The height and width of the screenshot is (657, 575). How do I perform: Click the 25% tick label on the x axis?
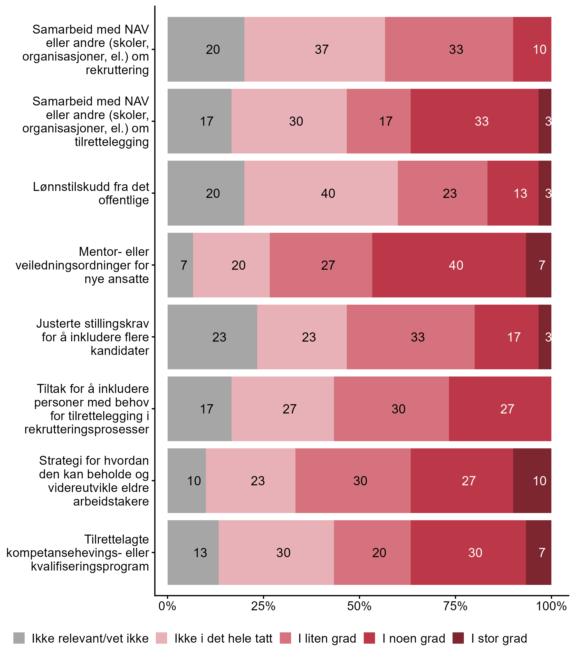(x=263, y=606)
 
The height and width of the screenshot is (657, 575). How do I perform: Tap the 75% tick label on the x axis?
(x=455, y=606)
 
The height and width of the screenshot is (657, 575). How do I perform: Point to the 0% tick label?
(x=167, y=606)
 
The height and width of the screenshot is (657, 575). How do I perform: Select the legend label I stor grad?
(x=499, y=639)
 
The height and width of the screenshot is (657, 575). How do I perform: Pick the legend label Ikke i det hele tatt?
(x=223, y=639)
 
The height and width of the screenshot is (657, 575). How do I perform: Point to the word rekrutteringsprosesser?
(x=87, y=429)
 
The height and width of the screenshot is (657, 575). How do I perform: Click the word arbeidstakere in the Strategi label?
(x=111, y=501)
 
